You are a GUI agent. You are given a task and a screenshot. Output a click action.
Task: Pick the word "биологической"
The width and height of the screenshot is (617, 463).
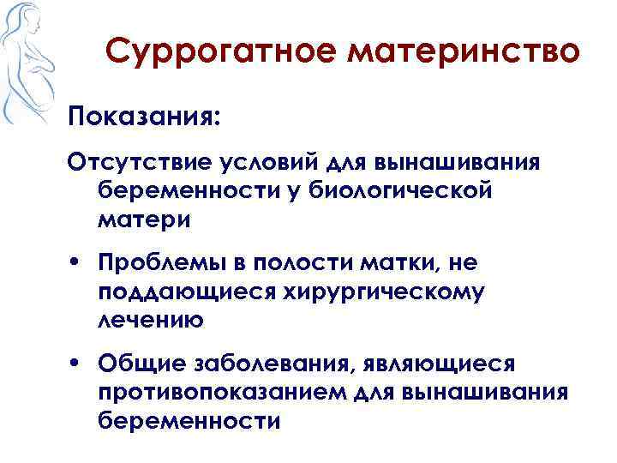click(410, 191)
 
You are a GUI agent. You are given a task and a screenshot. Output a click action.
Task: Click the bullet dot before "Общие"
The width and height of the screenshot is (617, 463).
click(78, 366)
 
